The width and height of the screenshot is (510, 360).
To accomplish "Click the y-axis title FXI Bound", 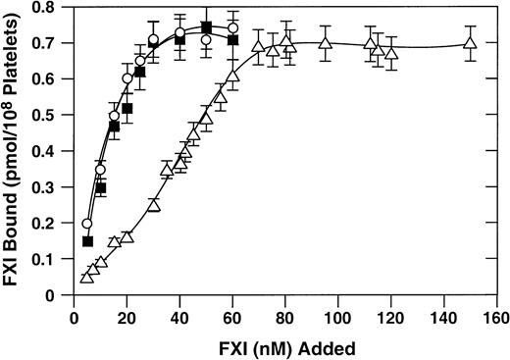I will [15, 147].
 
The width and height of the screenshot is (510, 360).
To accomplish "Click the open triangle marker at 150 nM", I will [470, 44].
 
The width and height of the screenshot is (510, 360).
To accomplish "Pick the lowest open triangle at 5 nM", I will [86, 278].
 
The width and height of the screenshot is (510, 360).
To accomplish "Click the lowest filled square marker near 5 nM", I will [88, 241].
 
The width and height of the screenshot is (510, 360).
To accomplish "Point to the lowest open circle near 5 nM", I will [86, 224].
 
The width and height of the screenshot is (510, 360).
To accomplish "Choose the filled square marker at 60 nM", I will [232, 40].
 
